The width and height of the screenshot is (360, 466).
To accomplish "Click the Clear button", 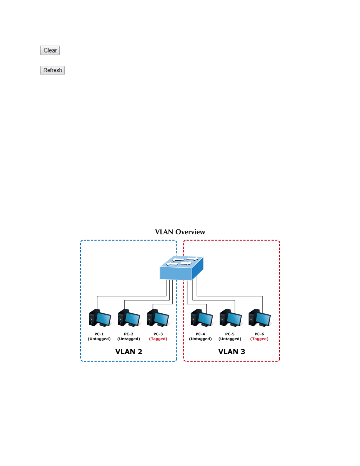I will click(x=50, y=50).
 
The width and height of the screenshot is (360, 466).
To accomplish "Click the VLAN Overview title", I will click(x=180, y=232).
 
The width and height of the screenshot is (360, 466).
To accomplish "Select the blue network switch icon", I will click(x=181, y=268).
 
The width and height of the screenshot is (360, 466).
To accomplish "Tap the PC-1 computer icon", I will click(x=100, y=318).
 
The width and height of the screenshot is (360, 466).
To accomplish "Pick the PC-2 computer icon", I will click(x=129, y=318).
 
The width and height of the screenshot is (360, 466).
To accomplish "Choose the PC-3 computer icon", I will click(x=158, y=318).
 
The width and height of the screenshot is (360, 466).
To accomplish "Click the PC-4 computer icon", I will click(x=202, y=318).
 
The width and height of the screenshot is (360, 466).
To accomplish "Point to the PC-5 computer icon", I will click(x=231, y=318).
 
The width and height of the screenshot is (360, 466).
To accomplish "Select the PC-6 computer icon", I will click(x=259, y=318).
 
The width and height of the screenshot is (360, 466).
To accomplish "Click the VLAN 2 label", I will click(x=129, y=352).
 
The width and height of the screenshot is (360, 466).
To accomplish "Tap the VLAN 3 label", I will click(x=232, y=352).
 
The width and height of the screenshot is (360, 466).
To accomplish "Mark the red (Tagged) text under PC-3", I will click(x=158, y=339).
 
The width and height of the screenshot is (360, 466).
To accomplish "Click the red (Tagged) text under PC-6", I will click(x=259, y=339).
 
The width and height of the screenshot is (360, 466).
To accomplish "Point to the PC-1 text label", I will click(x=99, y=334).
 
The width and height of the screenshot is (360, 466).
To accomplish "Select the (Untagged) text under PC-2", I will click(x=129, y=339).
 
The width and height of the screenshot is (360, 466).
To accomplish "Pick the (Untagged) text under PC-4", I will click(x=200, y=339).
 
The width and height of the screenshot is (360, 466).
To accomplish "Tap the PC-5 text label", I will click(x=230, y=334).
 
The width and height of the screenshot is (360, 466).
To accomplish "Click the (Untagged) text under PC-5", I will click(x=230, y=339).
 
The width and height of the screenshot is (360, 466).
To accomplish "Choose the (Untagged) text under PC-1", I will click(x=99, y=339).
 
